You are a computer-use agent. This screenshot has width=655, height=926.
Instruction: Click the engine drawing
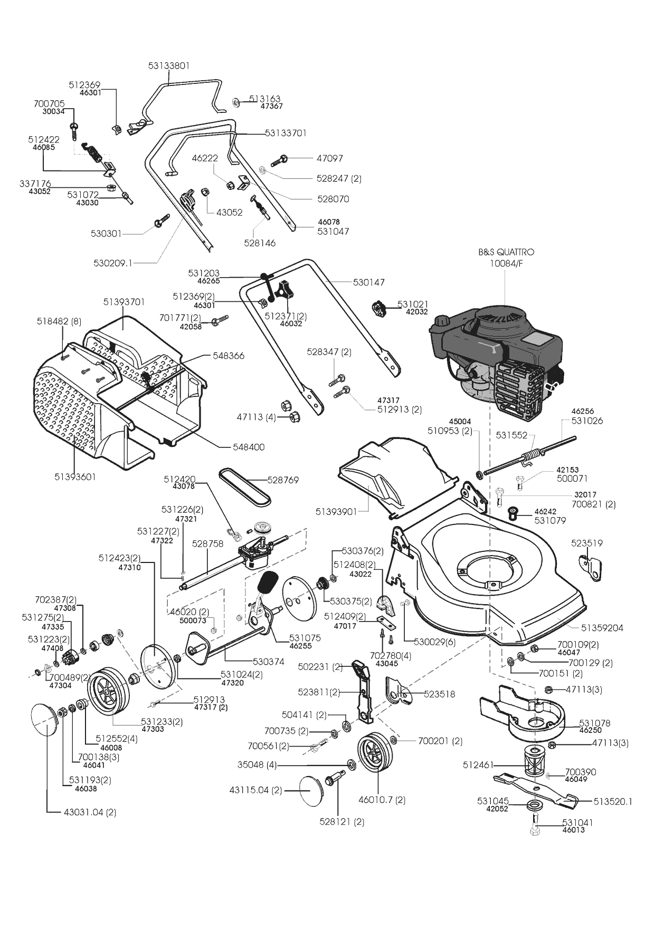[x=499, y=359]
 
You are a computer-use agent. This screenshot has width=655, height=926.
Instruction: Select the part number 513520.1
[x=612, y=801]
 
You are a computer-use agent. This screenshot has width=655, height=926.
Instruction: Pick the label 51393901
[x=336, y=512]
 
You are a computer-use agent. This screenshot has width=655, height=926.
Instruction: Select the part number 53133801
[x=168, y=66]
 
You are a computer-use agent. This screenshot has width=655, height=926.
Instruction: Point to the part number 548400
[x=249, y=447]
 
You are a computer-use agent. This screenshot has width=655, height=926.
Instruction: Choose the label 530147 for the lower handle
[x=368, y=282]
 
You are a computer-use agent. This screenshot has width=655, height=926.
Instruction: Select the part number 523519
[x=586, y=543]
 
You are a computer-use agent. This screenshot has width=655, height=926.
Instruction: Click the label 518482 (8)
[x=59, y=321]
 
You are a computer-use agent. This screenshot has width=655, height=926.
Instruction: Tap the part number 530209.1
[x=113, y=262]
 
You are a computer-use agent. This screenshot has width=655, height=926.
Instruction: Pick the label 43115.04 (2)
[x=255, y=790]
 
